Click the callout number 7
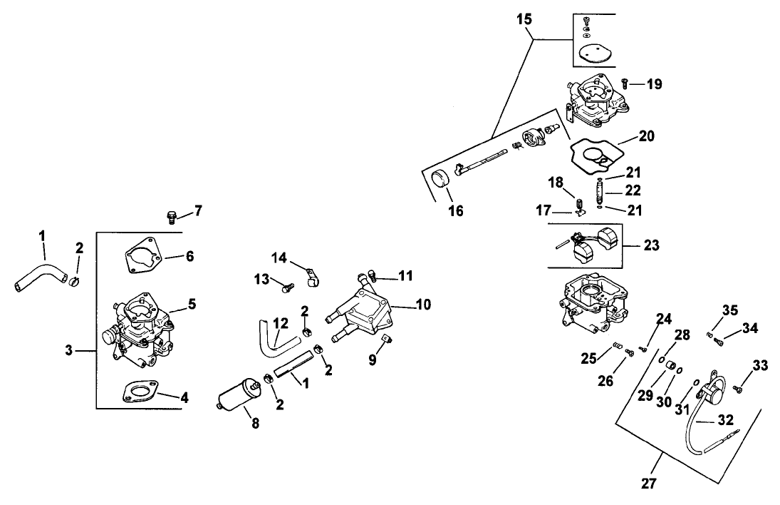pos(198,211)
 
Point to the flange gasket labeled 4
pos(141,392)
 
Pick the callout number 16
pos(455,210)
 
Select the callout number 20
pos(647,136)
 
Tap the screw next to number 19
pos(625,83)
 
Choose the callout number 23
pos(651,245)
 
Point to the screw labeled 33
pos(737,389)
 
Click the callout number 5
pos(191,303)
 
